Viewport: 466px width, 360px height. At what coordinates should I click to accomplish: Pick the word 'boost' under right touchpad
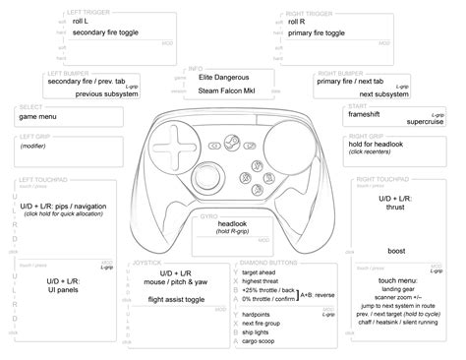coord(396,251)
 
